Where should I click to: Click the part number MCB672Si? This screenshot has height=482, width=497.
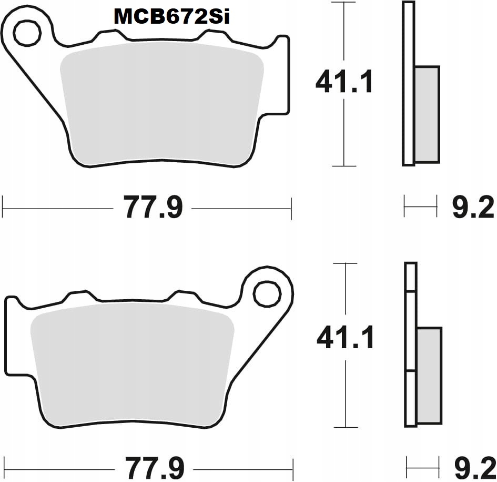pyautogui.click(x=171, y=17)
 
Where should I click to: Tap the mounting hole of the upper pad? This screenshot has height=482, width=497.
pyautogui.click(x=27, y=34)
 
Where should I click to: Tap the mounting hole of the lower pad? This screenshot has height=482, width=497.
pyautogui.click(x=267, y=294)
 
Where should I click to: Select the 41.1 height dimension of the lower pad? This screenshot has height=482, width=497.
pyautogui.click(x=345, y=338)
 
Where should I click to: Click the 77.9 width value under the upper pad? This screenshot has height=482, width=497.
pyautogui.click(x=153, y=207)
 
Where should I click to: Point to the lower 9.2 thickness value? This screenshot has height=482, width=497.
pyautogui.click(x=473, y=467)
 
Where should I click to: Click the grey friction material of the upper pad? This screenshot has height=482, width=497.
pyautogui.click(x=160, y=105)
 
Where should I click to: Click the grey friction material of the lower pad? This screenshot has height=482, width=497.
pyautogui.click(x=131, y=363)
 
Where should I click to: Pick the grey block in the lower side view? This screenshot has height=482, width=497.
pyautogui.click(x=430, y=375)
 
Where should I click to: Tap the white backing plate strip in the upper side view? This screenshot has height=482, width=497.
pyautogui.click(x=409, y=84)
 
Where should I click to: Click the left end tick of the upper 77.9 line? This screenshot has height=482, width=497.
pyautogui.click(x=3, y=207)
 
